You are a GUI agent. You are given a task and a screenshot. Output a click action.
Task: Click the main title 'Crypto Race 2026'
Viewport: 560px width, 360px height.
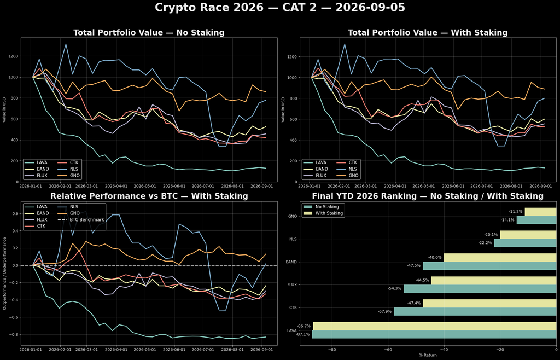point(209,8)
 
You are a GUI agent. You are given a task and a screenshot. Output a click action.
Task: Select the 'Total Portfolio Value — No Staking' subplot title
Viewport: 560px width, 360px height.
point(149,32)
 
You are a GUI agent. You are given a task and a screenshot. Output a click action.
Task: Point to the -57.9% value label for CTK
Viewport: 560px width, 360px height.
point(385,311)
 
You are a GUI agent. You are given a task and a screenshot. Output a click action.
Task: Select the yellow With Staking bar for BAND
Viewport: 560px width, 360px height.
point(500,258)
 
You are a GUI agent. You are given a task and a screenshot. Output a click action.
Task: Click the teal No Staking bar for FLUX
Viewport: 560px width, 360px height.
point(480,288)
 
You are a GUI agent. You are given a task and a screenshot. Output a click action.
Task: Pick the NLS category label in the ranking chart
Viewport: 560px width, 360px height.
point(293,239)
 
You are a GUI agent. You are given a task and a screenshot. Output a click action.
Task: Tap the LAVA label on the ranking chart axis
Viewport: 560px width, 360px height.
point(292,330)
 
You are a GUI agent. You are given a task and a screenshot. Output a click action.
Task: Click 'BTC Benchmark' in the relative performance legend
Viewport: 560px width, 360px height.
point(86,219)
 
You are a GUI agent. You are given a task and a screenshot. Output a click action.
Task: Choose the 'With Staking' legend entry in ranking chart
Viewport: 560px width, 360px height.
point(329,213)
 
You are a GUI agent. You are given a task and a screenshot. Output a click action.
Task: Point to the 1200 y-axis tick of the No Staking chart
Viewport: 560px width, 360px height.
point(13,56)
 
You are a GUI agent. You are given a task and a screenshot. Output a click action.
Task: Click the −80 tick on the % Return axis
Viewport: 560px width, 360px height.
point(332,349)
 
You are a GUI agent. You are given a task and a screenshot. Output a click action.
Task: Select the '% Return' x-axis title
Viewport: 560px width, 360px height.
point(428,355)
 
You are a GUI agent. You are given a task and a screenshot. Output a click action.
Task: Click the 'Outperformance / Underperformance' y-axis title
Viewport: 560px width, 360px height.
point(4,273)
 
